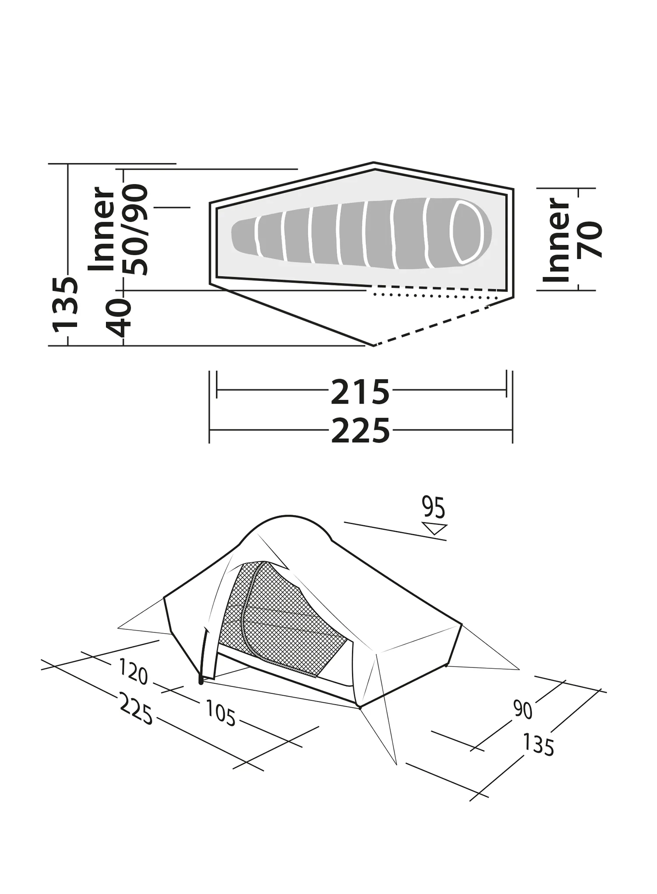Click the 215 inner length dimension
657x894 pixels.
point(360,392)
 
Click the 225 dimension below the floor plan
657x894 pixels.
point(360,430)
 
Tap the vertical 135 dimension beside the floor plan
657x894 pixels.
point(66,304)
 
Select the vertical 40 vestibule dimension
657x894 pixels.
point(119,317)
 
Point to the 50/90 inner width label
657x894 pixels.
point(135,230)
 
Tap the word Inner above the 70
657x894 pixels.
point(556,240)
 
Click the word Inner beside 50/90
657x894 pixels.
point(102,229)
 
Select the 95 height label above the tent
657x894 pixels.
point(433,507)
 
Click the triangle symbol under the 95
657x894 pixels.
point(434,528)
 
